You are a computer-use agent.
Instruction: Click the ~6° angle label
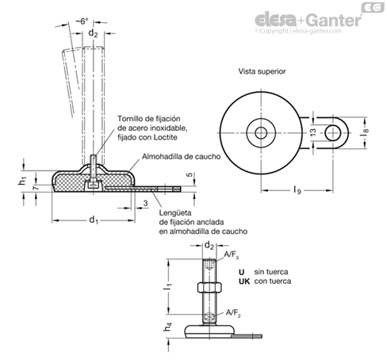82,21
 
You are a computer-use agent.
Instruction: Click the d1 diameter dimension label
94,220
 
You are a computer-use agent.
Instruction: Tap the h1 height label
23,182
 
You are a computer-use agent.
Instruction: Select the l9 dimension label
297,190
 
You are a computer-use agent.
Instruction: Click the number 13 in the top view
312,132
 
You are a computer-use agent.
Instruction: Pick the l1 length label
168,286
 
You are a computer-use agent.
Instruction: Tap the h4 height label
168,327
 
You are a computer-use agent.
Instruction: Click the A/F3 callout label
232,255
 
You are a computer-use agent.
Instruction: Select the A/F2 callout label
233,313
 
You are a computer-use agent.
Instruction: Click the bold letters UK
244,281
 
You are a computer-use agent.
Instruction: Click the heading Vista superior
262,71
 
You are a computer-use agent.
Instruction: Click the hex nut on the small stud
209,287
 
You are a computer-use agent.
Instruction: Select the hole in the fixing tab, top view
332,133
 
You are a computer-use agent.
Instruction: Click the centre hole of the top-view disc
261,133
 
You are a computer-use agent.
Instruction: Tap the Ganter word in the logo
335,21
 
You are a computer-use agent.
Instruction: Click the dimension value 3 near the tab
145,203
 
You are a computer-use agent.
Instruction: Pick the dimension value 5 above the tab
190,175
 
